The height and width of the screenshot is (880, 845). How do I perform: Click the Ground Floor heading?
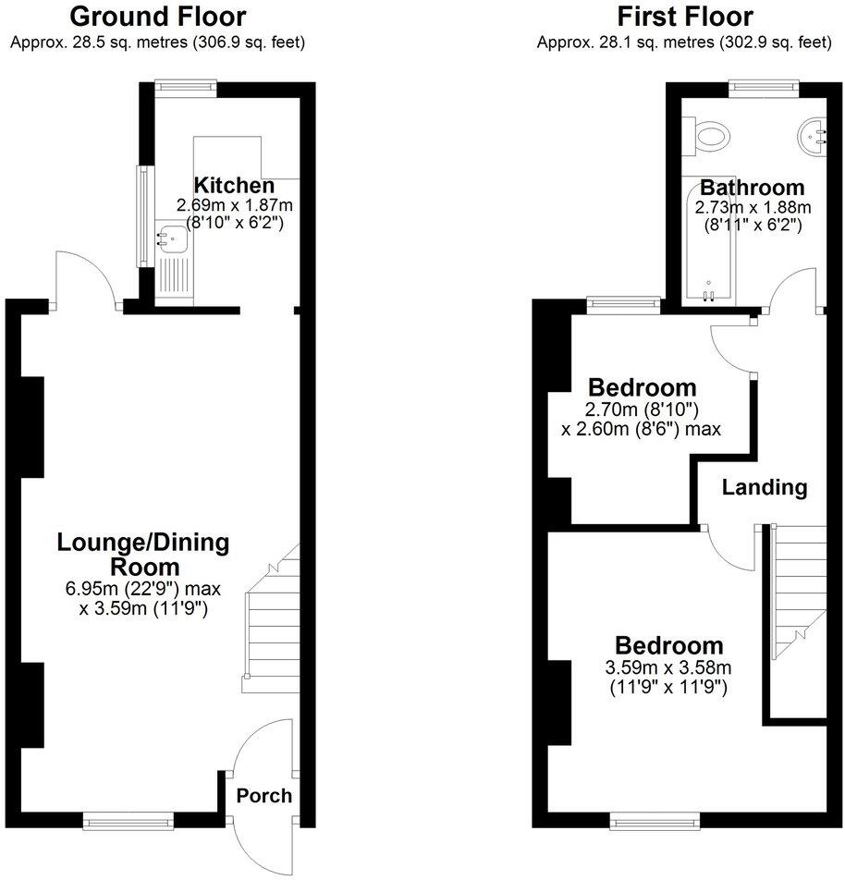tap(158, 17)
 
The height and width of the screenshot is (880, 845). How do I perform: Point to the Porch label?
tap(264, 796)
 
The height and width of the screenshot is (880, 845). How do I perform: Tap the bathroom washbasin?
tap(814, 136)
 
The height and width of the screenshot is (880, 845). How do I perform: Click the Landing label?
tap(765, 487)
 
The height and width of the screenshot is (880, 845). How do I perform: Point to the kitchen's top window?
tap(186, 87)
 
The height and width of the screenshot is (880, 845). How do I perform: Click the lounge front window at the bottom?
tap(128, 818)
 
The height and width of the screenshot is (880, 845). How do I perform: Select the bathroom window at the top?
tap(765, 87)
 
